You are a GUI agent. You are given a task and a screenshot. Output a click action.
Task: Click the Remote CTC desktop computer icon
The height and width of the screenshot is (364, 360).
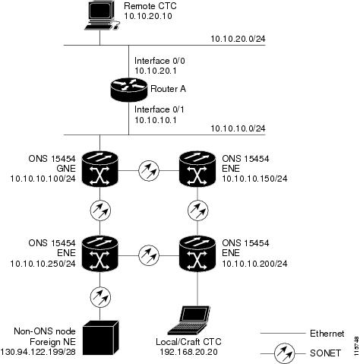(x=102, y=16)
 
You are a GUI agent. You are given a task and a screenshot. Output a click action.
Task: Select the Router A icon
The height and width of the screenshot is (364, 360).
(x=129, y=90)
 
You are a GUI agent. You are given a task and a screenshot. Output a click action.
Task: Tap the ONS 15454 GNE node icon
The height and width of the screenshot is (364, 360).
(x=100, y=169)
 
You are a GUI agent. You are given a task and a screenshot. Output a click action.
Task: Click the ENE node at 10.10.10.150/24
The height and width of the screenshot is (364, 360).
(x=197, y=169)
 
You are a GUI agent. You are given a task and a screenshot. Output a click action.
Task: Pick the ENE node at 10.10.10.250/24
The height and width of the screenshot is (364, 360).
(x=100, y=253)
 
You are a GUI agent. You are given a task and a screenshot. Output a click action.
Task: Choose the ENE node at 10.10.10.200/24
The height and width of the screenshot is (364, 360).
(x=197, y=253)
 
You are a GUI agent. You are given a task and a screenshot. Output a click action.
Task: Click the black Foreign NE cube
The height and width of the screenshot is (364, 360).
(x=101, y=337)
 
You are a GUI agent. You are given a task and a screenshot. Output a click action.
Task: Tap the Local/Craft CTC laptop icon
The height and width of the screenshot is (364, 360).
(x=189, y=321)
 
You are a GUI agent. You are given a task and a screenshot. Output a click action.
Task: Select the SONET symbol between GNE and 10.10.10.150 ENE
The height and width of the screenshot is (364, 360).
(x=149, y=170)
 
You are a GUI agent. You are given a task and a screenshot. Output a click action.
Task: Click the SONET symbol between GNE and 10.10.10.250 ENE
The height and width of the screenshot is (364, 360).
(x=100, y=210)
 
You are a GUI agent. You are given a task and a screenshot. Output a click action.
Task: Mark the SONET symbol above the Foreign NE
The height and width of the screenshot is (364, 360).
(x=100, y=297)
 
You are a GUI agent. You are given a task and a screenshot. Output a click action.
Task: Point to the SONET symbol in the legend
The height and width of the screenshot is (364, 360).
(x=284, y=353)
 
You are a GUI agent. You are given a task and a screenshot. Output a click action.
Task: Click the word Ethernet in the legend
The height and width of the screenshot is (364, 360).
(x=327, y=334)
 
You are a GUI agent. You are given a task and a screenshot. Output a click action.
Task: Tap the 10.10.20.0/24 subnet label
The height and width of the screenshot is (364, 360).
(x=238, y=39)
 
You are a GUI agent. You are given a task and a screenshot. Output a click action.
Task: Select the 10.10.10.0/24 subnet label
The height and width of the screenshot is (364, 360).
(x=238, y=128)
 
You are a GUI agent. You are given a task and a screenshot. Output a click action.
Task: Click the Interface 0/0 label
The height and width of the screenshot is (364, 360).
(x=159, y=61)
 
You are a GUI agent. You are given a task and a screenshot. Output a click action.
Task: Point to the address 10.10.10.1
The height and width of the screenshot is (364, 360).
(x=156, y=120)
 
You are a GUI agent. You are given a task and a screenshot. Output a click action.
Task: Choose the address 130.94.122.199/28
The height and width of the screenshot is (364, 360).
(x=38, y=352)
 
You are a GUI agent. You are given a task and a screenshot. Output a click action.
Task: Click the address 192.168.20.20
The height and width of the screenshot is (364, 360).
(x=188, y=352)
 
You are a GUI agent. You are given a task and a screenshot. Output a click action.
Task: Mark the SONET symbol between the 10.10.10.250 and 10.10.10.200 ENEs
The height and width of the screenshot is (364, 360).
(x=149, y=255)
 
